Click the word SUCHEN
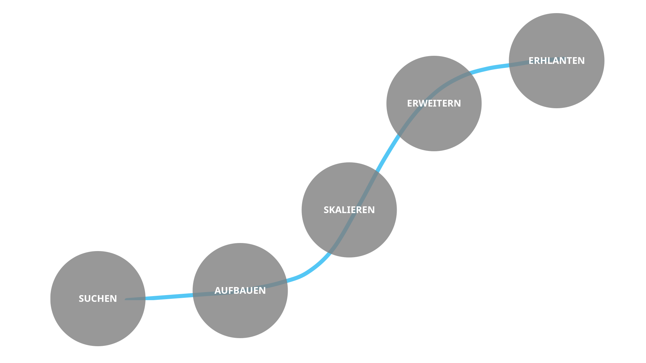(98, 298)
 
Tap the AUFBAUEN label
(240, 290)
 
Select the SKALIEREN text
(349, 210)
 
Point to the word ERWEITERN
(434, 103)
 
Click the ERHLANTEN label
(557, 61)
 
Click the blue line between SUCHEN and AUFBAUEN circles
(168, 297)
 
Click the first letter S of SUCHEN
(81, 298)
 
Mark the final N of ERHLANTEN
(581, 61)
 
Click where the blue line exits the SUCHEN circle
(146, 298)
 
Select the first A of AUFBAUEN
(218, 290)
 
